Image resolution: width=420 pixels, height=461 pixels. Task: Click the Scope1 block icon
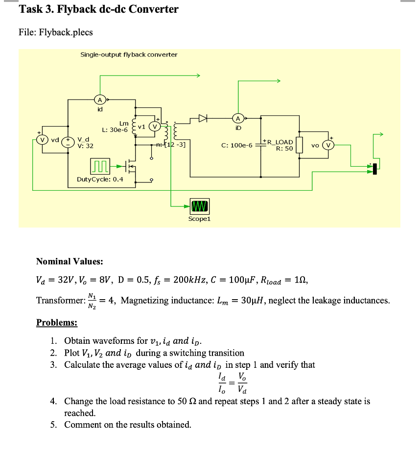point(199,205)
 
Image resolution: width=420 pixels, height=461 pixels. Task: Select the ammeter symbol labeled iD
point(238,118)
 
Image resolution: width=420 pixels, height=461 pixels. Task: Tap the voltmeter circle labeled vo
point(329,145)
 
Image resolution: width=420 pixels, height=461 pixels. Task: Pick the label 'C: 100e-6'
point(236,145)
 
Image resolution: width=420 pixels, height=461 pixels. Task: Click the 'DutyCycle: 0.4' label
point(100,179)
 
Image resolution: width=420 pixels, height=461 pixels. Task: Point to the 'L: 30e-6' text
point(115,130)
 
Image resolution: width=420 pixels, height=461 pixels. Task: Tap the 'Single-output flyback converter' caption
point(129,54)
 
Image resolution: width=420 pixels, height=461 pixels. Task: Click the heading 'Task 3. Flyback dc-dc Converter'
point(98,9)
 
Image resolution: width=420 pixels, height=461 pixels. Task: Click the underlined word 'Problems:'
point(57,323)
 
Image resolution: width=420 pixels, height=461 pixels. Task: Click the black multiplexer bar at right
point(374,168)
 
